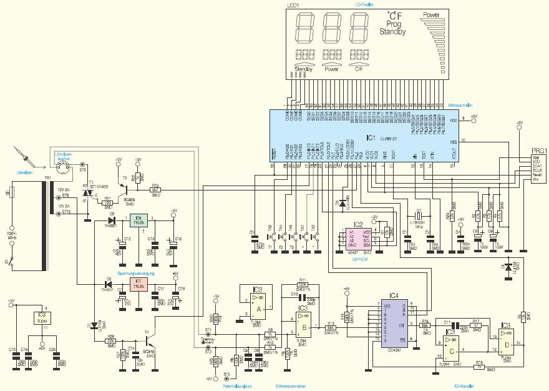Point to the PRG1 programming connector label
tap(538, 150)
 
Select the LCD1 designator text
tap(293, 5)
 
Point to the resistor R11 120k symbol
tap(303, 285)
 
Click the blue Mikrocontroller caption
tap(456, 106)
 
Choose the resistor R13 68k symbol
tap(331, 327)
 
